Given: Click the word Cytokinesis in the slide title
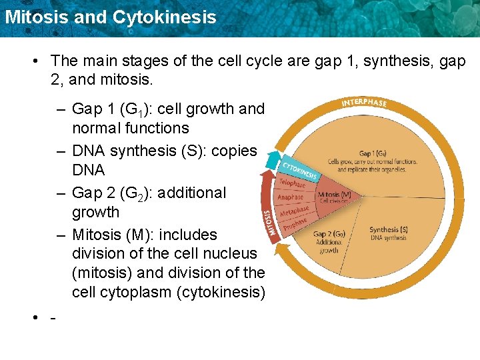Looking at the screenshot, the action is click(165, 17).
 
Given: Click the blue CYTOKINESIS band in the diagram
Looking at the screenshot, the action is click(299, 169).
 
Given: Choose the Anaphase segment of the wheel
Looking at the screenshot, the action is click(290, 197).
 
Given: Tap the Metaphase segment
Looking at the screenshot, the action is click(293, 211).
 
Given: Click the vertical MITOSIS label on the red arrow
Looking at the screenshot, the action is click(269, 224).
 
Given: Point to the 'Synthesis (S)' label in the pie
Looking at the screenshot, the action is click(388, 230).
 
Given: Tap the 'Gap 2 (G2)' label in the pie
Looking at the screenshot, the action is click(329, 234).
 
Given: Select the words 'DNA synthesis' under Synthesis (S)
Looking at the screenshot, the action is click(389, 238).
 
